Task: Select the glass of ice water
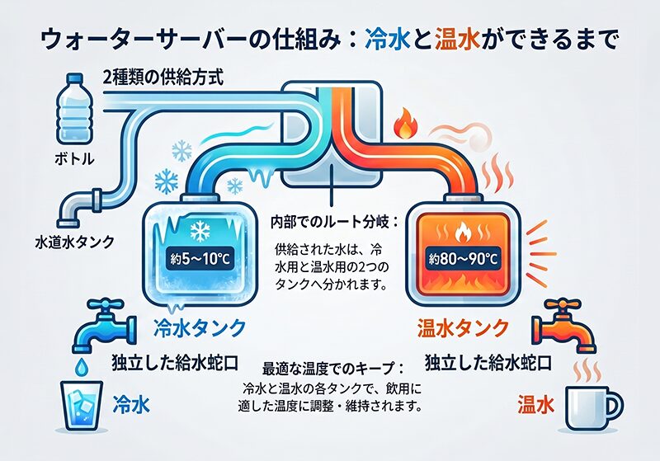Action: [82, 405]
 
